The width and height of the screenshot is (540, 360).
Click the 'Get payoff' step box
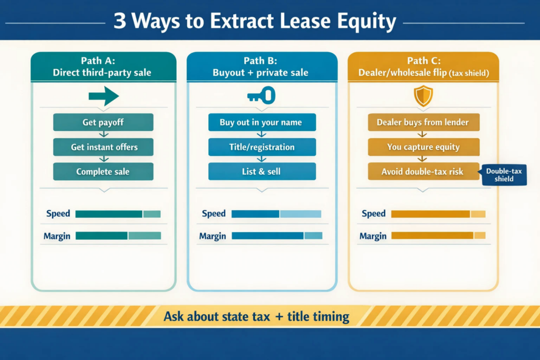coord(103,122)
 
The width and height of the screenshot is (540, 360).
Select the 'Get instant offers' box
coord(103,147)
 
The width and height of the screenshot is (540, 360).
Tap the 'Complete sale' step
coord(103,171)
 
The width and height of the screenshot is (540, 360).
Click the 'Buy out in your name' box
coord(262,122)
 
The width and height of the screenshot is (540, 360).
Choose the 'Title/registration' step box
coord(262,147)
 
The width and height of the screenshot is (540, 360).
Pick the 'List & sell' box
coord(262,171)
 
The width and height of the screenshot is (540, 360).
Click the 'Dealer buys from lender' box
coord(423,122)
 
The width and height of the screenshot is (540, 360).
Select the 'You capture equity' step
coord(423,147)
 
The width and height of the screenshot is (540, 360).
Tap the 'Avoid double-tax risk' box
coord(423,171)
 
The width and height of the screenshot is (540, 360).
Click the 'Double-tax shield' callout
coord(504,175)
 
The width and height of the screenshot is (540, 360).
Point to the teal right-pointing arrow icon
coord(104,96)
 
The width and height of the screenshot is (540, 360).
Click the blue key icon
coord(262,95)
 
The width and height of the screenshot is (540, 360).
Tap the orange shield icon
coord(423,96)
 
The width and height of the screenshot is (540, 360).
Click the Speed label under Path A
coord(58,213)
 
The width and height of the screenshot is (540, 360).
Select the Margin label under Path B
coord(213,236)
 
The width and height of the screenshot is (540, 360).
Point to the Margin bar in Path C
coord(438,236)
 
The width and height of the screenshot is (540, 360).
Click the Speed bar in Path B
coord(276,214)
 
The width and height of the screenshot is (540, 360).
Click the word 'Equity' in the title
coord(367,21)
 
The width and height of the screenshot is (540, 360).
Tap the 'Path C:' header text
coord(423,61)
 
